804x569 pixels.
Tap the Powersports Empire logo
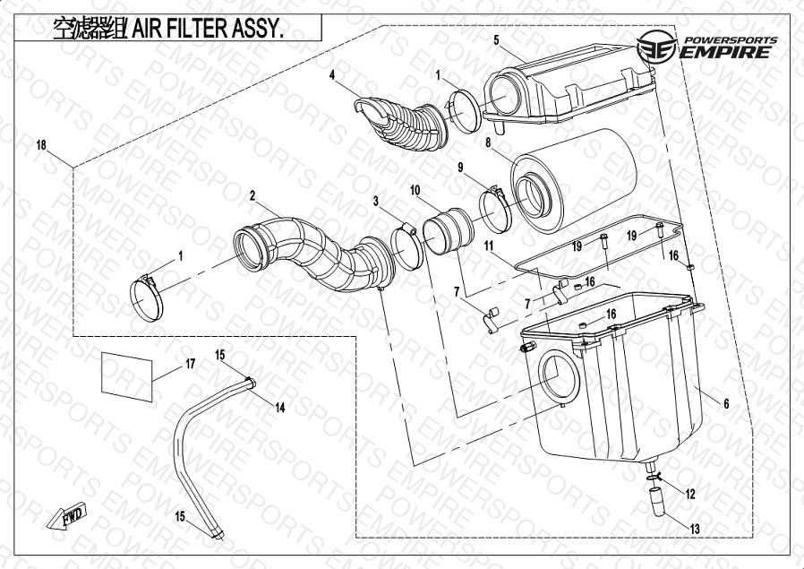click(706, 47)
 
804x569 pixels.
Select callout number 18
click(40, 145)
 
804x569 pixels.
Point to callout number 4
click(332, 75)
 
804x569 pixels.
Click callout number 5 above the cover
click(495, 40)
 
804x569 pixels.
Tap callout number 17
click(190, 364)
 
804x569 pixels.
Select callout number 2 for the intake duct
click(253, 195)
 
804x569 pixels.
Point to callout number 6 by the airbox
click(726, 404)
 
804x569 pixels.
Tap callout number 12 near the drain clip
click(689, 494)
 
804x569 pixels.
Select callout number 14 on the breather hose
click(280, 408)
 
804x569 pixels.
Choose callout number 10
click(415, 191)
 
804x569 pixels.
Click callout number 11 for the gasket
click(490, 245)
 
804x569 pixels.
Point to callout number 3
click(377, 202)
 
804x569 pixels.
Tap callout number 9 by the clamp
click(460, 168)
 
